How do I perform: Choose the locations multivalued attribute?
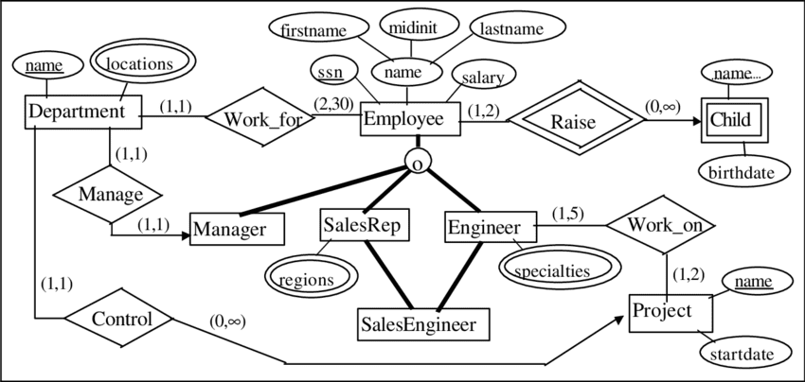coord(139,64)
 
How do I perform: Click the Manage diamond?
coord(112,195)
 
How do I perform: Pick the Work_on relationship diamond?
coord(659,226)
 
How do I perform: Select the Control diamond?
coord(123,319)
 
